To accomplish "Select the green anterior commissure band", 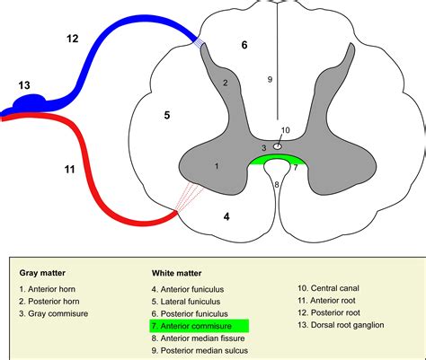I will [x=277, y=161].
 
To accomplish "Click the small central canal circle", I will [x=279, y=145].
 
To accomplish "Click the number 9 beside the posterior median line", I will [x=269, y=80].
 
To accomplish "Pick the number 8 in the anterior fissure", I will [x=277, y=184].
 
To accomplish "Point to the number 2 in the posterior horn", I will [x=226, y=83].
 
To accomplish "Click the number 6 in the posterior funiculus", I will [x=243, y=43].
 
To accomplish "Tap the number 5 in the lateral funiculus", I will [x=167, y=114].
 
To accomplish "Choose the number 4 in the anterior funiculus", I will [x=226, y=215].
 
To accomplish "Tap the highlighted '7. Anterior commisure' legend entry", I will [x=200, y=327].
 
